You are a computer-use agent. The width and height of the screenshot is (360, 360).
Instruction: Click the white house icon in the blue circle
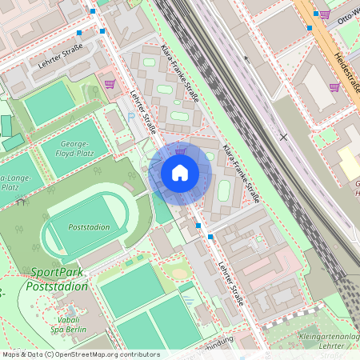tap(180, 173)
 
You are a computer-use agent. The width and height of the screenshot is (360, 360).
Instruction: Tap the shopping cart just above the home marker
tap(181, 150)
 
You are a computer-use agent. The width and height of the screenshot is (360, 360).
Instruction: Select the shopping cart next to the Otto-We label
tap(324, 14)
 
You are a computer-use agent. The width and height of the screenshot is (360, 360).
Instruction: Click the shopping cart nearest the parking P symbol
tap(110, 83)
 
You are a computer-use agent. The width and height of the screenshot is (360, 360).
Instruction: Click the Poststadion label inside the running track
tap(89, 227)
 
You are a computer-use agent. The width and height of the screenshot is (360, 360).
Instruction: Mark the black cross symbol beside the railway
tap(283, 136)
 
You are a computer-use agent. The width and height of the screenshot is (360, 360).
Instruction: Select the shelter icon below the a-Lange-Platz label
tap(19, 203)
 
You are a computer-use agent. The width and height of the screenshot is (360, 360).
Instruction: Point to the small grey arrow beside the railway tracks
tap(246, 58)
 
